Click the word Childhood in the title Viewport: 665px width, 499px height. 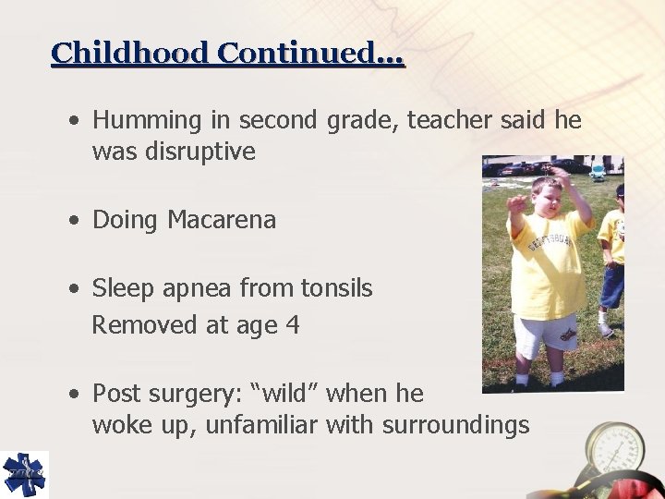coord(131,53)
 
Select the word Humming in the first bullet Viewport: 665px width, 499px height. coord(147,120)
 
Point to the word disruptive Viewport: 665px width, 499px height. coord(199,152)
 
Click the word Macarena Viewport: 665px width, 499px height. coord(222,220)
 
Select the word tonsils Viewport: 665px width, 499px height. coord(336,289)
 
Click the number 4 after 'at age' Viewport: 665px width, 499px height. coord(293,325)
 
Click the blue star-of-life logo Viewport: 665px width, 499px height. coord(23,475)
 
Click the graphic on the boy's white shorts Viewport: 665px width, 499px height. coord(565,332)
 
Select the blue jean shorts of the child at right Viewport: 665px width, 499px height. coord(613,286)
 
